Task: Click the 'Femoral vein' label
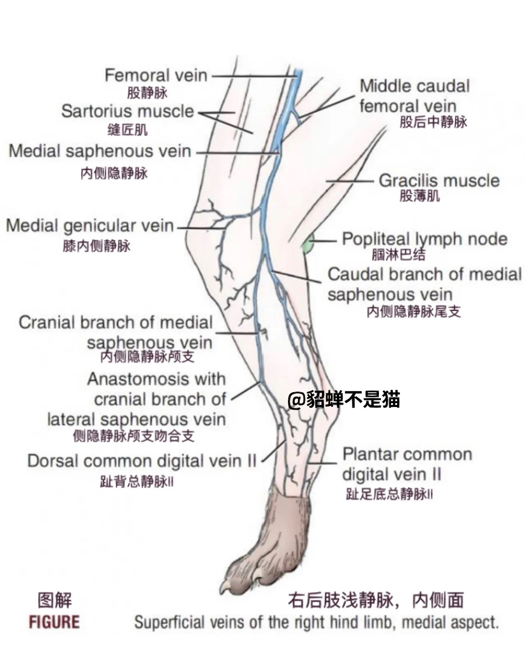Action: tap(155, 75)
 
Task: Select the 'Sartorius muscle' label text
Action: tap(127, 111)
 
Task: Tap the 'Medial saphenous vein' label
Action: tap(100, 151)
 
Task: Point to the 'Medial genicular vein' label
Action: tap(90, 226)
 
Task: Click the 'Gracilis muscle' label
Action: tap(439, 181)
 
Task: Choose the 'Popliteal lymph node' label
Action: tap(424, 239)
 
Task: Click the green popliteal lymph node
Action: tap(307, 245)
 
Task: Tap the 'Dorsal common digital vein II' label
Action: tap(142, 461)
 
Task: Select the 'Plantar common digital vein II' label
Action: tap(406, 464)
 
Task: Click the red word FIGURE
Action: tap(54, 622)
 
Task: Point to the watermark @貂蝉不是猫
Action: tap(343, 399)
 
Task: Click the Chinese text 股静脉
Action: tap(147, 93)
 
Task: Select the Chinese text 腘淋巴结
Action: tap(399, 254)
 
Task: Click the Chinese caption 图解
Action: tap(55, 601)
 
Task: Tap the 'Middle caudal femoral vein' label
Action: tap(414, 96)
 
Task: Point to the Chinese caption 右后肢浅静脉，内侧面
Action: tap(376, 601)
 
